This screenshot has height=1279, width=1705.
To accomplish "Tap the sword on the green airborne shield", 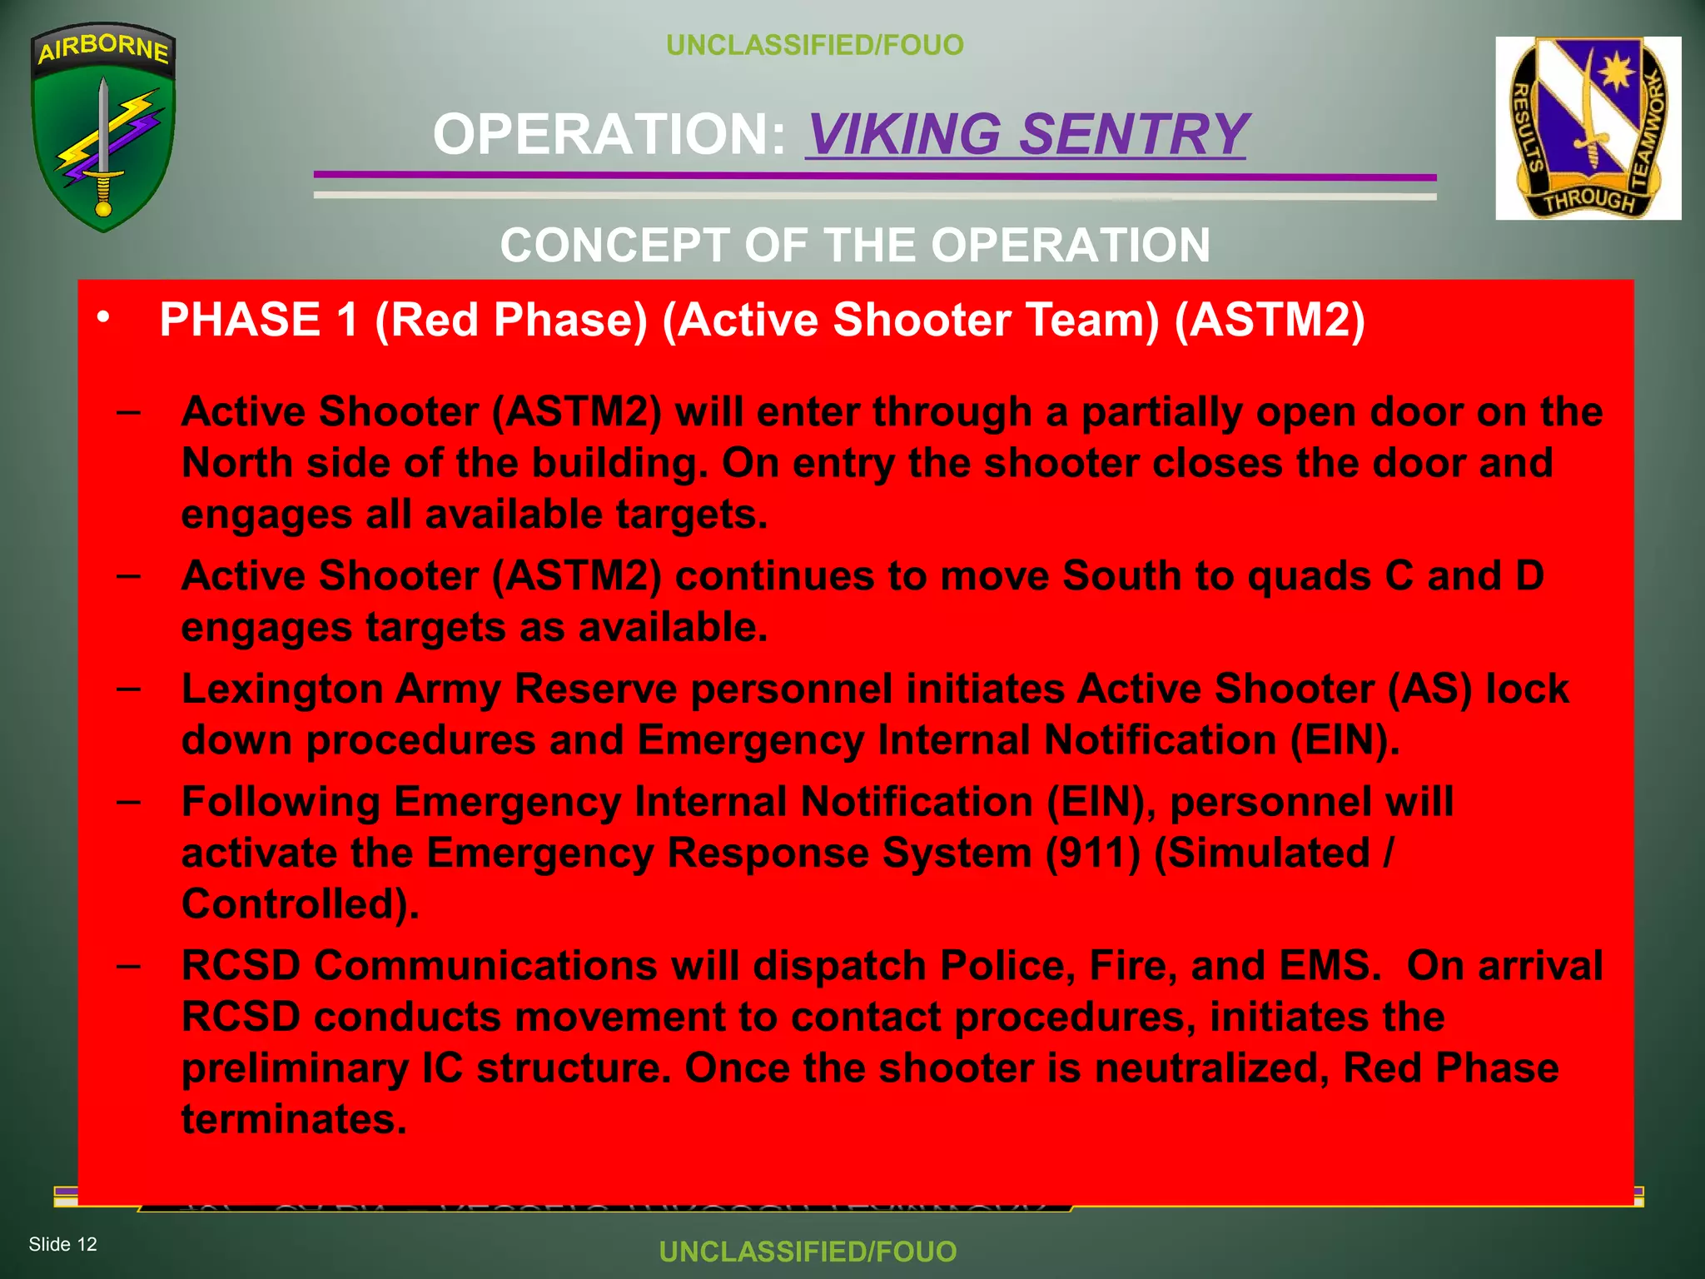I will coord(103,142).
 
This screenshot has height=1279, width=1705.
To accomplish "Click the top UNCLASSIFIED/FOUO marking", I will coord(815,45).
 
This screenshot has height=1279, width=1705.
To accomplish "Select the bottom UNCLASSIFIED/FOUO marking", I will coord(808,1252).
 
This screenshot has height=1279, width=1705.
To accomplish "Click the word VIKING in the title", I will coord(906,134).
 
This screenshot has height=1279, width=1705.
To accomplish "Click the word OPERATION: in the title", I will coord(609,134).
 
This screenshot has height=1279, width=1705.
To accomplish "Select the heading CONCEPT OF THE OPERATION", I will coord(855,246).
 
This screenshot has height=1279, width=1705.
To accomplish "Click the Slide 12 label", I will coord(63,1244).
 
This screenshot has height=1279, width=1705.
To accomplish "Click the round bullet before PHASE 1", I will coord(103,317).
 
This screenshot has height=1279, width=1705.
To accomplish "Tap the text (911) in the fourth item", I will coord(1092,853).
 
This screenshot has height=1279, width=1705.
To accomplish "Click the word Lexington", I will coord(280,689).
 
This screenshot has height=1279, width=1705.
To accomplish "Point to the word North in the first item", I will coord(236,463).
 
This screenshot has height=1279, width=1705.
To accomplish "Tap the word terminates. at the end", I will coord(294,1118).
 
